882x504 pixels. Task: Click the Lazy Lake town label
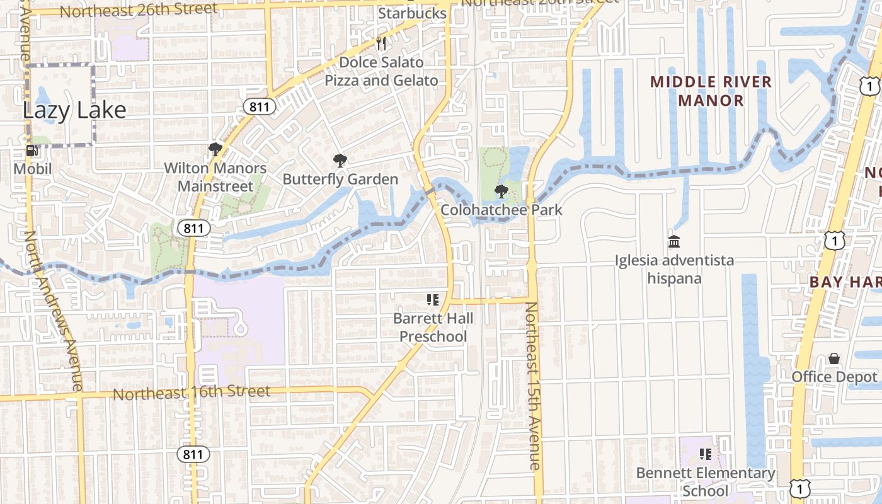[x=74, y=111]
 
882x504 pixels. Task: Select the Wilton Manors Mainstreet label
[x=215, y=177]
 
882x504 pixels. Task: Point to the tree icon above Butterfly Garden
[x=340, y=161]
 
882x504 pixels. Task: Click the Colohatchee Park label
[x=501, y=210]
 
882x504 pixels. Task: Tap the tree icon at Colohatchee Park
[x=501, y=192]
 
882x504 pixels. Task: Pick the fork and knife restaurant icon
[x=381, y=43]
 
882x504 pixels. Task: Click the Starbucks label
[x=413, y=13]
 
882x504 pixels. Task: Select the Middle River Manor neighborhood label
[x=711, y=91]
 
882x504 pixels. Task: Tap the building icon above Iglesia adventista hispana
[x=674, y=241]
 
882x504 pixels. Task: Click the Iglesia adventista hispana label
[x=675, y=269]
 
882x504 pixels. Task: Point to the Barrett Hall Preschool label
[x=433, y=327]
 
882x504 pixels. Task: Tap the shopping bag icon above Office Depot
[x=834, y=358]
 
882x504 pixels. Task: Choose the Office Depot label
[x=834, y=377]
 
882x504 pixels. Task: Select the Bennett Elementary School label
[x=706, y=481]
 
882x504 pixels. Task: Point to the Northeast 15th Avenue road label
[x=534, y=386]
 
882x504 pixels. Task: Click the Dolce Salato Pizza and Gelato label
[x=381, y=71]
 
